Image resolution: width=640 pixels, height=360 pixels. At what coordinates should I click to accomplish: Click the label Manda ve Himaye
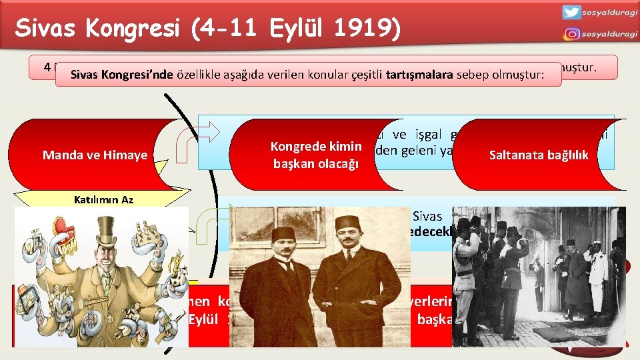pyautogui.click(x=95, y=155)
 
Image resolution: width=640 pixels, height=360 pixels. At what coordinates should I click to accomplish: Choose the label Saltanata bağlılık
pyautogui.click(x=539, y=155)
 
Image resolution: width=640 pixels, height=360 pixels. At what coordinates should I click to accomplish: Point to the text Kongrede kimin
pyautogui.click(x=316, y=147)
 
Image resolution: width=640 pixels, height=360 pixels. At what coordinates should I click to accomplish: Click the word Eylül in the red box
pyautogui.click(x=199, y=319)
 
